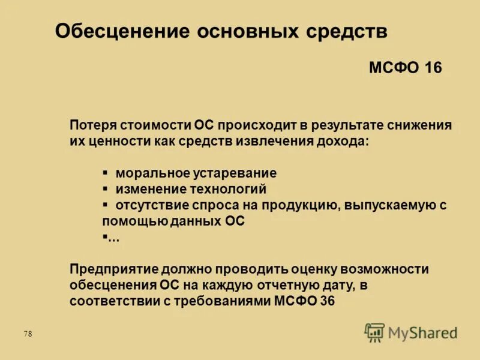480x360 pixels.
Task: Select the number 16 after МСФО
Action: [x=433, y=68]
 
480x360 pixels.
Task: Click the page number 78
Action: [x=28, y=334]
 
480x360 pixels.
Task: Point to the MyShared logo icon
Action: [x=374, y=332]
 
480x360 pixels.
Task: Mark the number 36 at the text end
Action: [x=327, y=301]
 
